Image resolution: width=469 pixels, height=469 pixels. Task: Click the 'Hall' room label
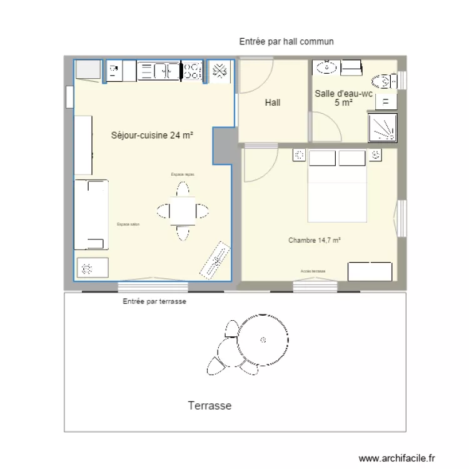[x=273, y=103]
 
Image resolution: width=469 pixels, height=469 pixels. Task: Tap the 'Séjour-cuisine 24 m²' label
[x=151, y=135]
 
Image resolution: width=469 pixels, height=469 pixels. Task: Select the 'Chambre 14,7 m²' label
[x=314, y=240]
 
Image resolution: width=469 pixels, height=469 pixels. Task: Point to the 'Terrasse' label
[x=209, y=406]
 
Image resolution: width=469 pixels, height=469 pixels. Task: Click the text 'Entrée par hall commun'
[x=286, y=41]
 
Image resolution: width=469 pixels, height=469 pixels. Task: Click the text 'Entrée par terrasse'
[x=154, y=301]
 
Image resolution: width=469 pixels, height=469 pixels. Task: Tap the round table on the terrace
[x=263, y=340]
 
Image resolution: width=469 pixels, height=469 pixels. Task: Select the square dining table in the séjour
[x=183, y=211]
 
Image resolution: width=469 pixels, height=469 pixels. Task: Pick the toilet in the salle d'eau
[x=383, y=81]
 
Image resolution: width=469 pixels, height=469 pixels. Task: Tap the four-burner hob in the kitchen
[x=192, y=71]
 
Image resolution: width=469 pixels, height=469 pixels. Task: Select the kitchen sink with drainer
[x=159, y=71]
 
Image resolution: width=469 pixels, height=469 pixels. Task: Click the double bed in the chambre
[x=336, y=186]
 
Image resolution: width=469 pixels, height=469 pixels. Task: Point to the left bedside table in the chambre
[x=298, y=156]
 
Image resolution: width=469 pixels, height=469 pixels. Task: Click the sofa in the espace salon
[x=91, y=214]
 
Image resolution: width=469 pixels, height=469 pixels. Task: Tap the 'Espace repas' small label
[x=182, y=174]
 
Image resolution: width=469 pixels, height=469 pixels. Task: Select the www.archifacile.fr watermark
[x=396, y=458]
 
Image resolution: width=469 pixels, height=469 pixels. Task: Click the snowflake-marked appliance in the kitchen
[x=219, y=71]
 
